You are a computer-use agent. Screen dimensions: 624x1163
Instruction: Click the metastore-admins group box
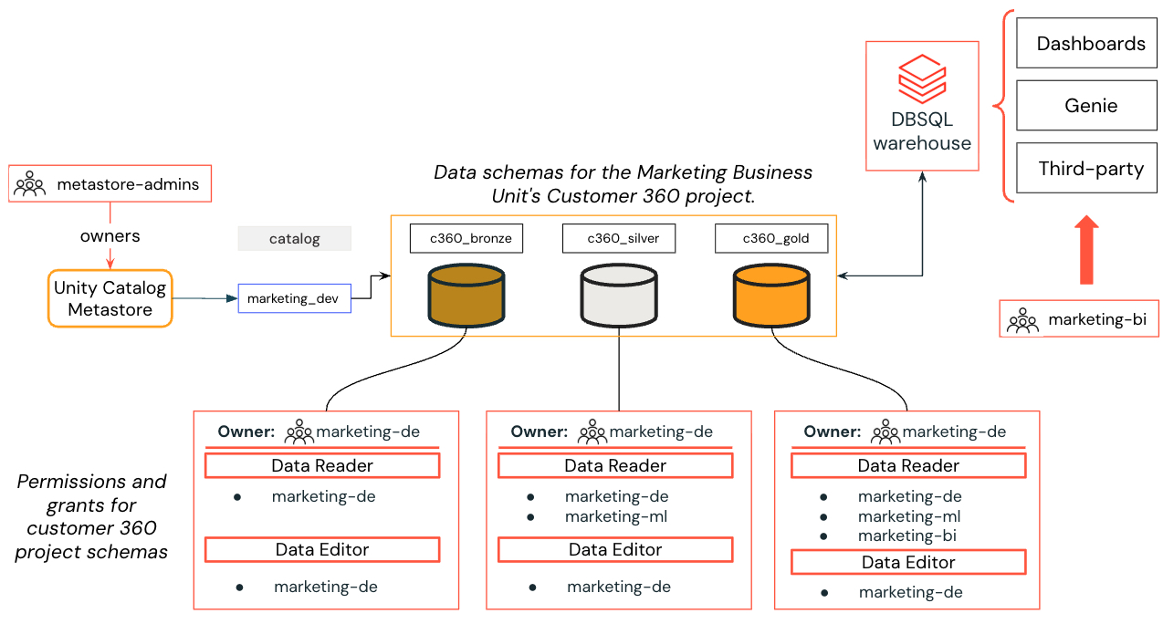tap(110, 184)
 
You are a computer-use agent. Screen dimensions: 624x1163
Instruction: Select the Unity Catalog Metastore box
tap(110, 298)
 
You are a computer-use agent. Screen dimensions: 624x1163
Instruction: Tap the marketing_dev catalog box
tap(294, 298)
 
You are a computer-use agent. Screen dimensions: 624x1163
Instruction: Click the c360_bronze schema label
tap(466, 239)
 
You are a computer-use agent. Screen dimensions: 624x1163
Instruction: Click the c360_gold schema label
tap(771, 239)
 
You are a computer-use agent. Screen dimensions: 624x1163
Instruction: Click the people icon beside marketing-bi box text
tap(1022, 320)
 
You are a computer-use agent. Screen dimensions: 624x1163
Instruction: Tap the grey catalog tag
tap(294, 239)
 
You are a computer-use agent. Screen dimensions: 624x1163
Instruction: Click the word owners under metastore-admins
tap(110, 236)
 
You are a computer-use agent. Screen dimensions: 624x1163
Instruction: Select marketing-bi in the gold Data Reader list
tap(907, 536)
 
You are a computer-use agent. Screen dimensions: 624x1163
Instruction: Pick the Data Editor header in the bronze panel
tap(322, 549)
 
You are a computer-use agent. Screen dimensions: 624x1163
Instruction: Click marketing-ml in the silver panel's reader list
tap(616, 516)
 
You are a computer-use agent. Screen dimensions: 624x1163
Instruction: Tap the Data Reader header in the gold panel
tap(908, 465)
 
